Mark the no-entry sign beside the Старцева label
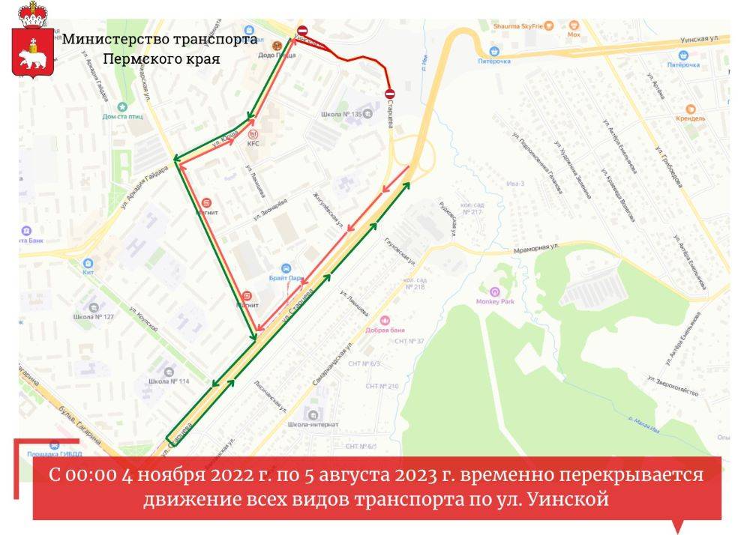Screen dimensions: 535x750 [x=389, y=94]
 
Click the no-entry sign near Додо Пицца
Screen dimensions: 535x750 [x=302, y=31]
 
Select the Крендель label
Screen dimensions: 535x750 [x=689, y=118]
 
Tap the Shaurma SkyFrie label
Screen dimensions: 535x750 [x=517, y=25]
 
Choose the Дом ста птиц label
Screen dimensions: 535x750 [x=123, y=116]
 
